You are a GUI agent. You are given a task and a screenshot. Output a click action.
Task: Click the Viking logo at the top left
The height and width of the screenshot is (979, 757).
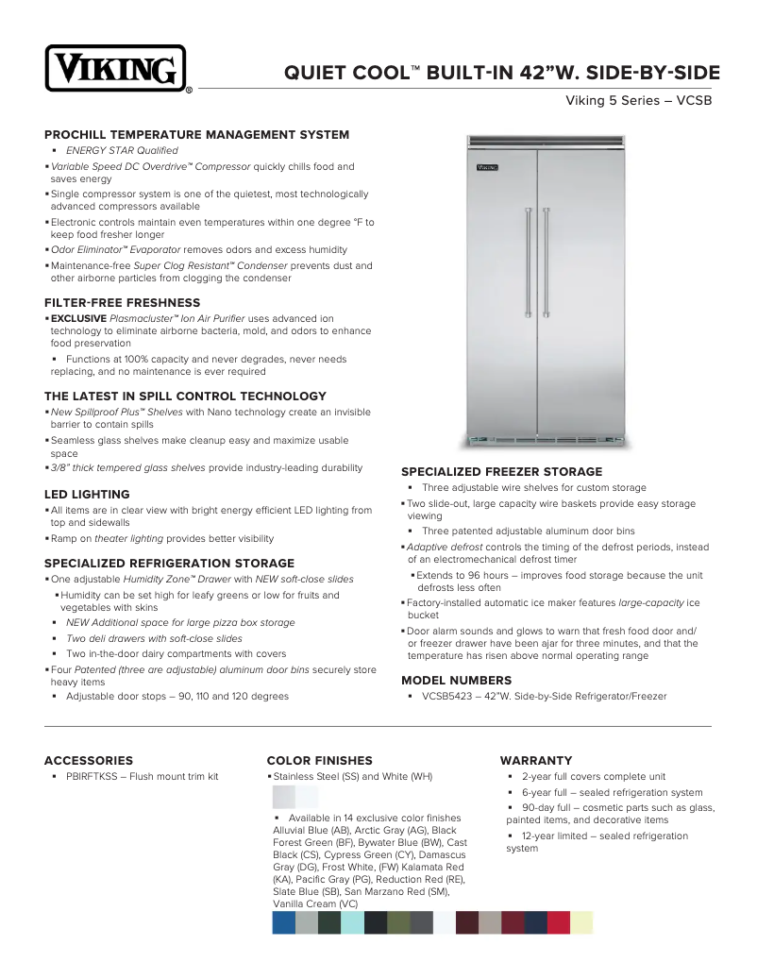pos(115,69)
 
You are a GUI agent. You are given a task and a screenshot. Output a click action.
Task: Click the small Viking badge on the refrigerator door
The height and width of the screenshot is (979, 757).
pos(486,168)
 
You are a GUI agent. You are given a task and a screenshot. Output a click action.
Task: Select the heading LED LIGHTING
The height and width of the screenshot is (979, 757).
pos(87,494)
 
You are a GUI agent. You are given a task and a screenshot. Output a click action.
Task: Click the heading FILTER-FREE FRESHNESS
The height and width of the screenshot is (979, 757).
pos(122,303)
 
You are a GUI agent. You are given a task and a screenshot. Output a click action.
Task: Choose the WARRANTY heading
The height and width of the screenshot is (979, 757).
pos(536,760)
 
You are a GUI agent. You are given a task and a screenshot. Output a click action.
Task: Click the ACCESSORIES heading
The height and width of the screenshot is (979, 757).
pos(89,760)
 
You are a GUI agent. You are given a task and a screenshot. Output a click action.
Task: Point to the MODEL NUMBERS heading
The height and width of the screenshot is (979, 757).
pos(457,680)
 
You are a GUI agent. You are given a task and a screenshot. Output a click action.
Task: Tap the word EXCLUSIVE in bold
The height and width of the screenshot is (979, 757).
pos(78,319)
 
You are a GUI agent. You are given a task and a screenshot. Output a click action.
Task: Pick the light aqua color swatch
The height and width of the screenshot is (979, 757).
pos(352,922)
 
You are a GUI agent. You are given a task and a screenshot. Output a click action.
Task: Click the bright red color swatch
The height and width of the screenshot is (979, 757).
pos(559,922)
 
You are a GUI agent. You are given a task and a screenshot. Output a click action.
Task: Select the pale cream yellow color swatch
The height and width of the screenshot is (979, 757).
pos(581,922)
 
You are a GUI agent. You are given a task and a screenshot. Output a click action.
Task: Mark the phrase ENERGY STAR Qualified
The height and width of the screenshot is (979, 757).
pos(122,151)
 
